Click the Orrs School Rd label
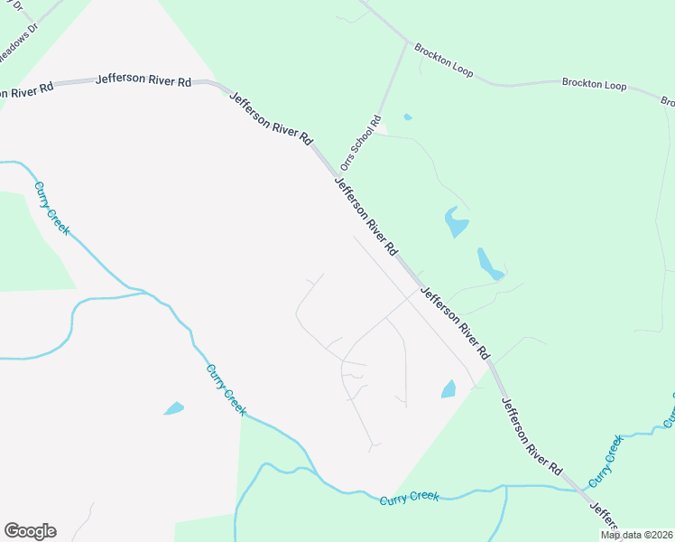[x=361, y=143]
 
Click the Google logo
[x=30, y=531]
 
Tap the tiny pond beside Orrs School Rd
[x=408, y=117]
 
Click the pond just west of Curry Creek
[x=173, y=409]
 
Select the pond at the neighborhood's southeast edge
[x=448, y=389]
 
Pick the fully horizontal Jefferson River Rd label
[x=144, y=79]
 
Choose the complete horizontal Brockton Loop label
[x=594, y=85]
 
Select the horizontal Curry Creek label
[x=409, y=497]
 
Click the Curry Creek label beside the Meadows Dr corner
[x=51, y=209]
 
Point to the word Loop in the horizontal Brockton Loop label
[x=612, y=85]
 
